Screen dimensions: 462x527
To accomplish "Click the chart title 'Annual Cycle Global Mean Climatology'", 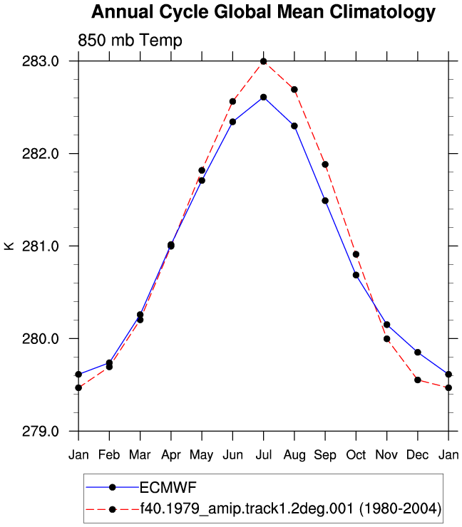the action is pos(264,12).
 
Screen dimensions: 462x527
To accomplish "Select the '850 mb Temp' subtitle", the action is pos(130,41).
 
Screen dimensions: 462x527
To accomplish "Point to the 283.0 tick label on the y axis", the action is pos(41,61).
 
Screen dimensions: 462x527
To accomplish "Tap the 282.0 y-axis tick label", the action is pos(41,154).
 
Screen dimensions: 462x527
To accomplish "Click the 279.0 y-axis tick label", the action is pos(41,431).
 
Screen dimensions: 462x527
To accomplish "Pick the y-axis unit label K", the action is pos(9,246).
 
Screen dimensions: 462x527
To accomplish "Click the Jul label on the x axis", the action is pos(264,455).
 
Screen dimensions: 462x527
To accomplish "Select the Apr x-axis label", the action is pos(171,455).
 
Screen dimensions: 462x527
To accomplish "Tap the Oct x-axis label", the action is pos(356,455).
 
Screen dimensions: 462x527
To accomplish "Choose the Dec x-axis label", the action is pos(418,455).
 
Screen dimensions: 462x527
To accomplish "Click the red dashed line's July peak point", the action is pos(264,61).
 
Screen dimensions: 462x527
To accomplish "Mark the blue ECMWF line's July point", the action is pos(264,98).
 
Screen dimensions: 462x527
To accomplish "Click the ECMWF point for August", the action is pos(294,126).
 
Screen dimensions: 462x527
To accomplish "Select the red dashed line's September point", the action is pos(325,165).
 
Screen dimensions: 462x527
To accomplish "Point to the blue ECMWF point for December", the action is pos(418,353).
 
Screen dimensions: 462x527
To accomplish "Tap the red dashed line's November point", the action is pos(387,339).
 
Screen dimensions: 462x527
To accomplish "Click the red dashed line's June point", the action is pos(232,102).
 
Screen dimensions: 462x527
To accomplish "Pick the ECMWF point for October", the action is pos(356,275).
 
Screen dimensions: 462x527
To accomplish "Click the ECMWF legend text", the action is pos(168,487).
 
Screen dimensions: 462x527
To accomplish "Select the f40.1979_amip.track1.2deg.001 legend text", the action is pos(247,508).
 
